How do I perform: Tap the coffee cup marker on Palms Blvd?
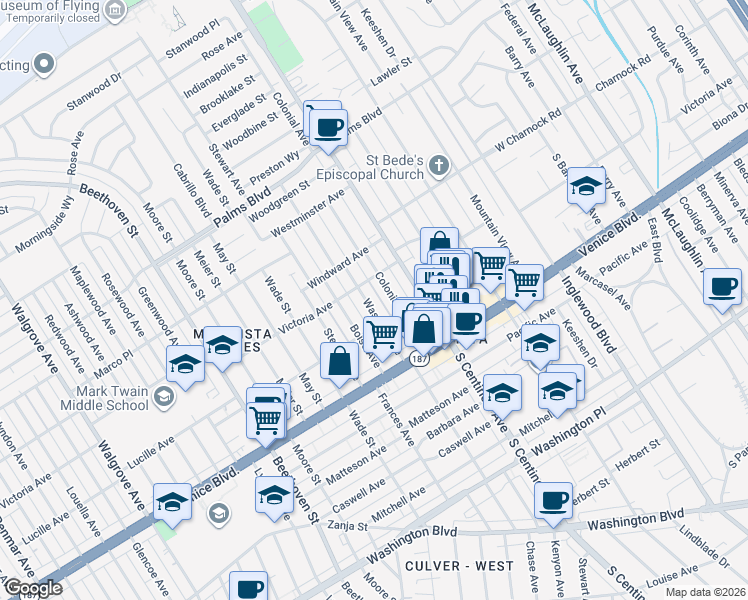coord(327,127)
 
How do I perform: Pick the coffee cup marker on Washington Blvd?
coord(552,501)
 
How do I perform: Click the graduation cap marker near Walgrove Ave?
coord(172,503)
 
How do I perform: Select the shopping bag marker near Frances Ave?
coord(340,362)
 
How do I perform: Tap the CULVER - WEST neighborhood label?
coord(459,566)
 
